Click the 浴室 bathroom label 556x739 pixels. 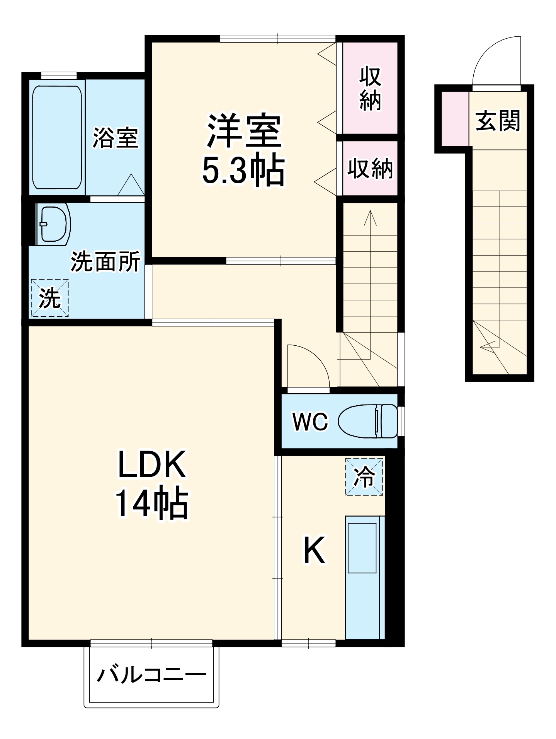[x=115, y=138]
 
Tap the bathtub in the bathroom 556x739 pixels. [x=57, y=137]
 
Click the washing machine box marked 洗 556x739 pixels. [x=50, y=298]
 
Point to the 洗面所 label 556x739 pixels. [x=105, y=262]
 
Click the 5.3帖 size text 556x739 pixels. [x=243, y=171]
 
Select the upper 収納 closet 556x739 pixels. [x=370, y=89]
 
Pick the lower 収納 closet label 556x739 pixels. [x=370, y=169]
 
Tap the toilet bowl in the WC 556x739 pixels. [x=367, y=421]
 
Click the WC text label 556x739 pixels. [x=310, y=422]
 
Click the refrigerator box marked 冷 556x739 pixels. [x=364, y=477]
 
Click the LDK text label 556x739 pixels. [x=151, y=464]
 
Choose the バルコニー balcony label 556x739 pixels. [x=151, y=676]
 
